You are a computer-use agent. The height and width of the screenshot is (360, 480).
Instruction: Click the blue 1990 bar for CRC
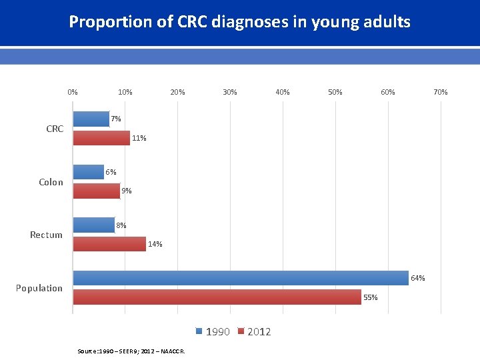tap(91, 119)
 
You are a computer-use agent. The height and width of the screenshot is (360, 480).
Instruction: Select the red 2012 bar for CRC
tap(101, 138)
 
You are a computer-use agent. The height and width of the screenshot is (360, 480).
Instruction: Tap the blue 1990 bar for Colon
tap(88, 172)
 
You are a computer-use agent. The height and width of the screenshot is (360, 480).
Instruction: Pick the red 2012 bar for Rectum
tap(109, 244)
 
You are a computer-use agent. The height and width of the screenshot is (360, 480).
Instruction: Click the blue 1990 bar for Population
tap(240, 278)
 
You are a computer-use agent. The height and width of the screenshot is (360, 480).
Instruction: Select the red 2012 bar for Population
tap(217, 297)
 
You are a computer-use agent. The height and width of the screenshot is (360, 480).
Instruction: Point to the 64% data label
tap(418, 278)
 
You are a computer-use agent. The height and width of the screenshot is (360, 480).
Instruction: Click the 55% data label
tap(371, 297)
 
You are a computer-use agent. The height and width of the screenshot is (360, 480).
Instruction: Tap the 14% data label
tap(155, 244)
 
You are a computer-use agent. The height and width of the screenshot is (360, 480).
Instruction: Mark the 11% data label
tap(139, 139)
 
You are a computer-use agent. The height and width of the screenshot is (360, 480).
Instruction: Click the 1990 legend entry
tap(213, 332)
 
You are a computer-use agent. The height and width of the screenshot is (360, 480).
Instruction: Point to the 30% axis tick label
tap(229, 92)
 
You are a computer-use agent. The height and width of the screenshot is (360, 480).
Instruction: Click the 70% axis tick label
tap(440, 92)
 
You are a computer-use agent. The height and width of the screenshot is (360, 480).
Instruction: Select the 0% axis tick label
tap(73, 92)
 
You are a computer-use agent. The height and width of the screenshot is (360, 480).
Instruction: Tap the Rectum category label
tap(46, 235)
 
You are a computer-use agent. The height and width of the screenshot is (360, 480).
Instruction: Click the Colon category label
tap(51, 182)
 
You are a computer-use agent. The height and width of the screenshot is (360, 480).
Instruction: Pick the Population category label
tap(39, 288)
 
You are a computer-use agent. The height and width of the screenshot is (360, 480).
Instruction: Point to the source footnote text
tap(131, 351)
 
